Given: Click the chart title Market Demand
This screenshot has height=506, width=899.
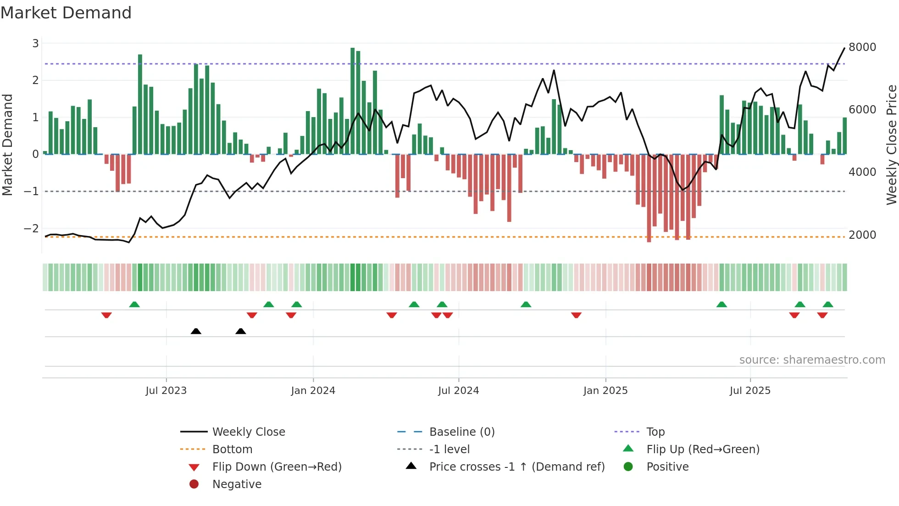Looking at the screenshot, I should pyautogui.click(x=66, y=13).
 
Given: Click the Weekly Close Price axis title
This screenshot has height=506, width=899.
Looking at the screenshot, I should pyautogui.click(x=891, y=145).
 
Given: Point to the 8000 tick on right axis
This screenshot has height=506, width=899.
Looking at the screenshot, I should pyautogui.click(x=862, y=47).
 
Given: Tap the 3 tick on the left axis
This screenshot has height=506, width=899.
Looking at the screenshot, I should pyautogui.click(x=35, y=44).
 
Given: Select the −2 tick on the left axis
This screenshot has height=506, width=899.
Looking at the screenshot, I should pyautogui.click(x=32, y=228).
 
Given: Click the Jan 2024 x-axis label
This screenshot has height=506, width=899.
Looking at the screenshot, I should pyautogui.click(x=313, y=391).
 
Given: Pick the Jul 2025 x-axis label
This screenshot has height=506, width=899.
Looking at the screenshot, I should pyautogui.click(x=750, y=391).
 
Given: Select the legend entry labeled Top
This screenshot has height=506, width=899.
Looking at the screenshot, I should pyautogui.click(x=655, y=432).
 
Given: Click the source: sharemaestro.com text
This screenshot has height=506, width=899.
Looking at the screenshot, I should pyautogui.click(x=812, y=360).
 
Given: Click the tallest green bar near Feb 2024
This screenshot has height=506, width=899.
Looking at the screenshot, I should pyautogui.click(x=352, y=101).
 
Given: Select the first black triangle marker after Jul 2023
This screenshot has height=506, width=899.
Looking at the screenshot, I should pyautogui.click(x=196, y=331).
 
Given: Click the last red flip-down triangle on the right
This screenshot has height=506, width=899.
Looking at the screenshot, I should pyautogui.click(x=822, y=315).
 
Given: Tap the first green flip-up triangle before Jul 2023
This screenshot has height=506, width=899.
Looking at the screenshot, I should pyautogui.click(x=134, y=304).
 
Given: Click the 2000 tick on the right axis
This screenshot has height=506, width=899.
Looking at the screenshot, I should pyautogui.click(x=862, y=235).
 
